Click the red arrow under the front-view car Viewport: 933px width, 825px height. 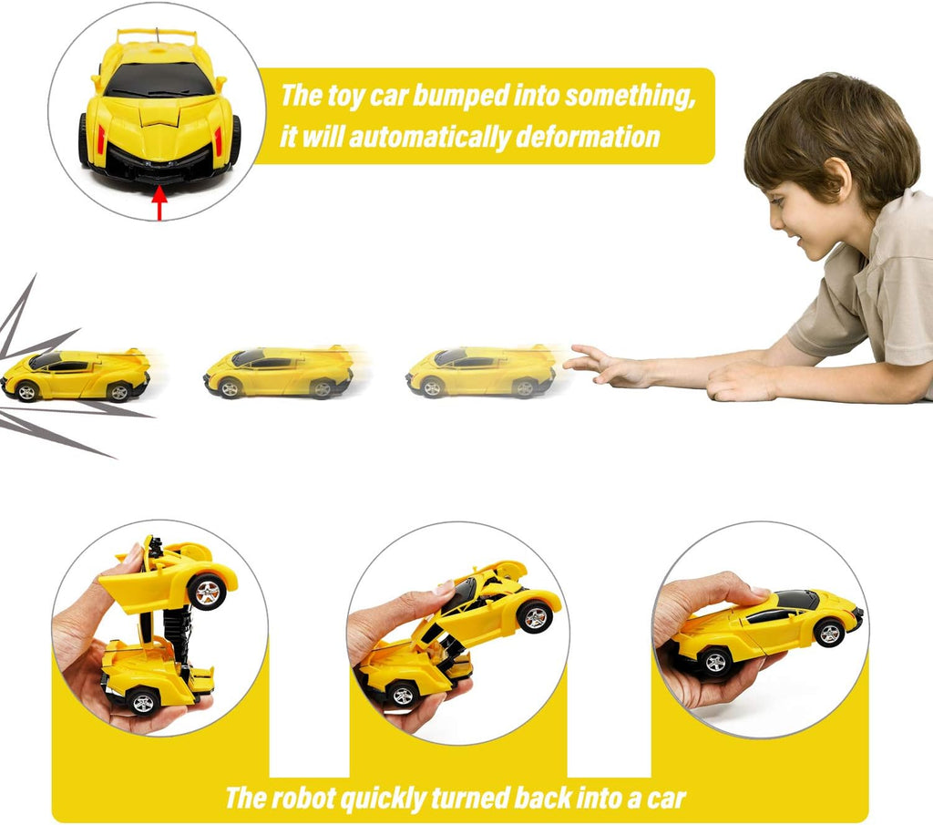pos(159,203)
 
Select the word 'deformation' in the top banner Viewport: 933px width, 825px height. pos(588,137)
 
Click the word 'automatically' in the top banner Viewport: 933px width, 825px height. pos(429,138)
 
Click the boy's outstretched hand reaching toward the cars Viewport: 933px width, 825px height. pos(601,365)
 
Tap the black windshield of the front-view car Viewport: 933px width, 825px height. pos(159,79)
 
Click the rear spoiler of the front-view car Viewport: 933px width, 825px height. pos(157,36)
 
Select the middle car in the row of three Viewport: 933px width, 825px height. pos(279,372)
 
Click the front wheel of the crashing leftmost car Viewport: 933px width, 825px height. pos(26,392)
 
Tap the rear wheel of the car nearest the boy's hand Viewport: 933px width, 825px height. pos(525,388)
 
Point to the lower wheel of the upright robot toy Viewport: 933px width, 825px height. pos(143,702)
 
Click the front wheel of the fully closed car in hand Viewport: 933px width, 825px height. pos(829,634)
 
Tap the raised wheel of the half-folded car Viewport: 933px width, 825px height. pos(534,616)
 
